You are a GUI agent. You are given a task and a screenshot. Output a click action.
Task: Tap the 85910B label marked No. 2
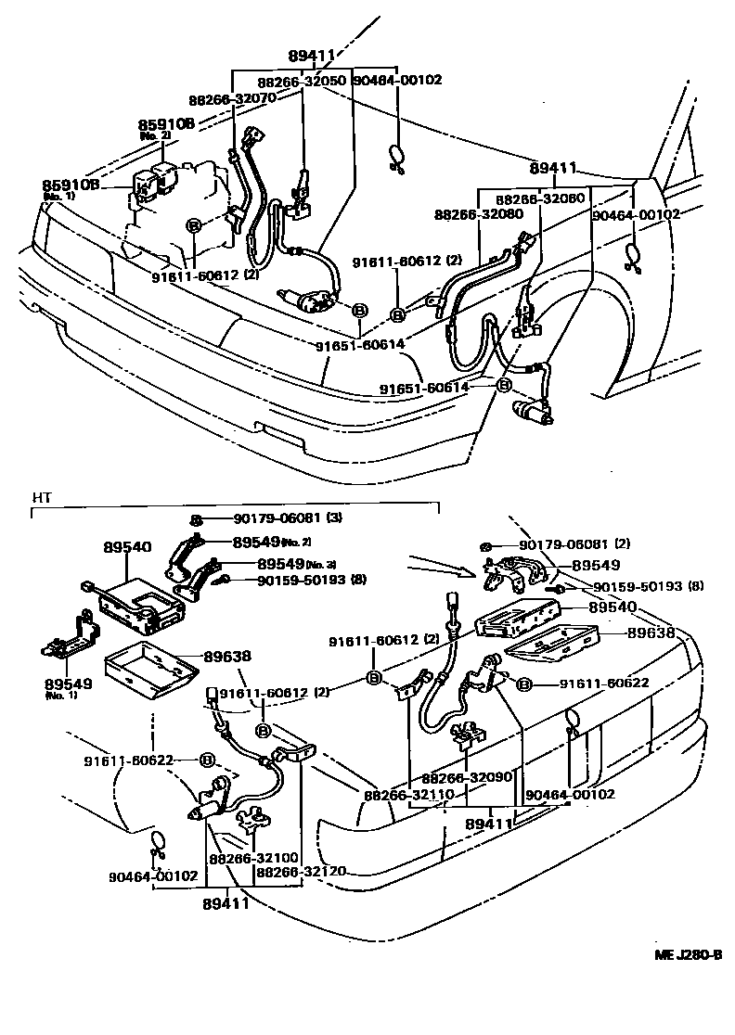point(166,123)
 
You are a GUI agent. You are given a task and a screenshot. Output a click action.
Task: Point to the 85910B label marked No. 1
point(71,185)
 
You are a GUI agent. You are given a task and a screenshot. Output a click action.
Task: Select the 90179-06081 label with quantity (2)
point(562,544)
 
